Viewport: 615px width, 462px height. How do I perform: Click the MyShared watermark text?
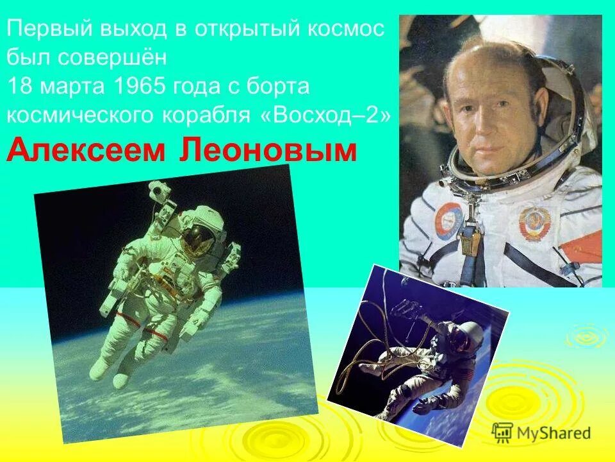[x=554, y=433]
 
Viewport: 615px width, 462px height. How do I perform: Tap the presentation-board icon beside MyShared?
[x=503, y=432]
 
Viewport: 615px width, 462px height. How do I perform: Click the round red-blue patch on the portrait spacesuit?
[x=448, y=219]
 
